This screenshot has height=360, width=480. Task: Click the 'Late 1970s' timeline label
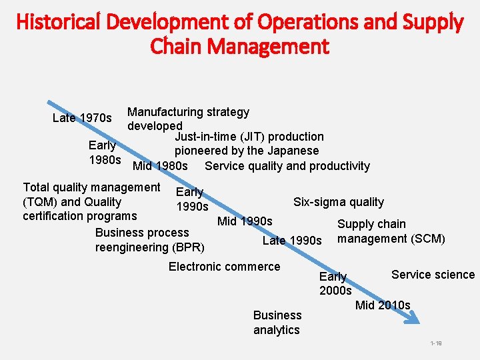(x=82, y=118)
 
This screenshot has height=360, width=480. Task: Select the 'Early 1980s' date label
(x=104, y=153)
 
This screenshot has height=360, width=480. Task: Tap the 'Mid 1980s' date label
(x=160, y=166)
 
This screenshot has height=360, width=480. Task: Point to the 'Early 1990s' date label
(x=191, y=199)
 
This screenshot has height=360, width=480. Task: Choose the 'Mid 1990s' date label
(x=245, y=221)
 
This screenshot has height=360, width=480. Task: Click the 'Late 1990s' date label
(x=292, y=240)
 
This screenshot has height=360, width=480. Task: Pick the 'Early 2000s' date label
(x=335, y=283)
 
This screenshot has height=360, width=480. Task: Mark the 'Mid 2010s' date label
(x=383, y=305)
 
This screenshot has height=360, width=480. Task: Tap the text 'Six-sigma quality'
(x=339, y=201)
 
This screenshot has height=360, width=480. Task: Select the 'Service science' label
(x=433, y=275)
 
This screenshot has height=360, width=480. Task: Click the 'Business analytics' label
(x=277, y=322)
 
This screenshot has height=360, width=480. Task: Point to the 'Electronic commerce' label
(x=224, y=267)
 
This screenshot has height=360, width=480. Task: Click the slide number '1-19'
(x=436, y=343)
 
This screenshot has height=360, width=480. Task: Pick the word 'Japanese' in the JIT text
(x=293, y=151)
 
